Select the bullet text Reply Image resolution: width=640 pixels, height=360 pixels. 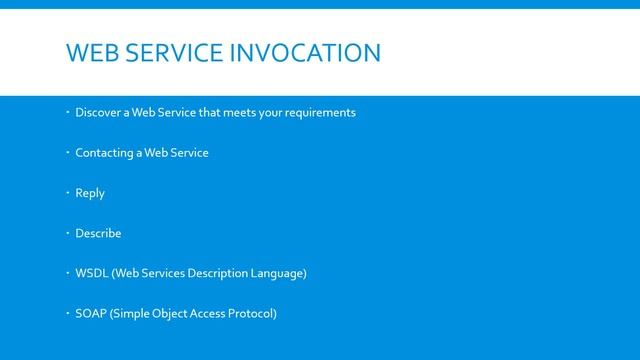pyautogui.click(x=90, y=193)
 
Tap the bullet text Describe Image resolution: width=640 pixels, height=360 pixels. pyautogui.click(x=98, y=233)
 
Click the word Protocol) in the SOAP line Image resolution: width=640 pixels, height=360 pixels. pyautogui.click(x=252, y=314)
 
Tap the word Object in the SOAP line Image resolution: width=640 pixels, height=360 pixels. pyautogui.click(x=173, y=314)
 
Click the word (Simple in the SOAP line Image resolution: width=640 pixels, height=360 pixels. pyautogui.click(x=131, y=314)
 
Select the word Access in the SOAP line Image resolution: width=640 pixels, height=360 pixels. pyautogui.click(x=213, y=314)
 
